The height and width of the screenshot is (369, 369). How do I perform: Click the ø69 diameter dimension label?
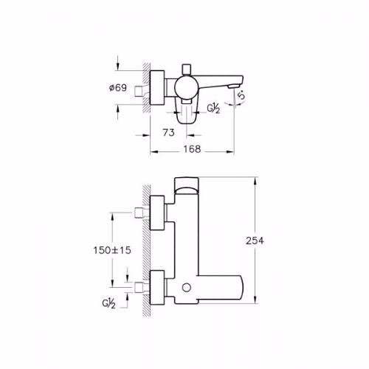click(x=118, y=88)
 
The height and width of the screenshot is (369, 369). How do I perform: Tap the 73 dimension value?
click(x=168, y=133)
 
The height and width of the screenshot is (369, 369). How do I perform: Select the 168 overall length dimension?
click(x=192, y=149)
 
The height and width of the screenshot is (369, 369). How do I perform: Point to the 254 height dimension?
click(x=255, y=241)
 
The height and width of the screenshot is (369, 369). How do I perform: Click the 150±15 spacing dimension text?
click(x=112, y=250)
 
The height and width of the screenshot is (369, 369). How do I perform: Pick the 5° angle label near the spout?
click(x=242, y=94)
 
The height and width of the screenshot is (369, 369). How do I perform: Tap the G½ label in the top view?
click(x=213, y=108)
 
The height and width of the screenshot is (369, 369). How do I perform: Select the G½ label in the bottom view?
click(x=108, y=303)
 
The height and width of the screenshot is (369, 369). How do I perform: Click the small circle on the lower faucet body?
click(x=187, y=288)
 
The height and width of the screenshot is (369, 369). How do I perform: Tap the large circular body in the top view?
click(x=187, y=87)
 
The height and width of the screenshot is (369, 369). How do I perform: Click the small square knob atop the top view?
click(x=187, y=69)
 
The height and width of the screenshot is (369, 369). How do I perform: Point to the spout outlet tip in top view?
click(x=233, y=86)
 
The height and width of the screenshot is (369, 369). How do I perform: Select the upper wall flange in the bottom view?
click(x=157, y=213)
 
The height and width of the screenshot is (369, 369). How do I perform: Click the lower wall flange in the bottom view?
click(x=157, y=287)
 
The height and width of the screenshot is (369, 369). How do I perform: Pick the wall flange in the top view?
click(x=157, y=87)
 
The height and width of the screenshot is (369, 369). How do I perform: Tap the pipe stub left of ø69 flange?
click(x=139, y=91)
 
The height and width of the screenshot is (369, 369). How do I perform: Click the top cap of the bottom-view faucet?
click(x=187, y=185)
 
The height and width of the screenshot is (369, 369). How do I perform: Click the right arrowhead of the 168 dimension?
click(x=230, y=152)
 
